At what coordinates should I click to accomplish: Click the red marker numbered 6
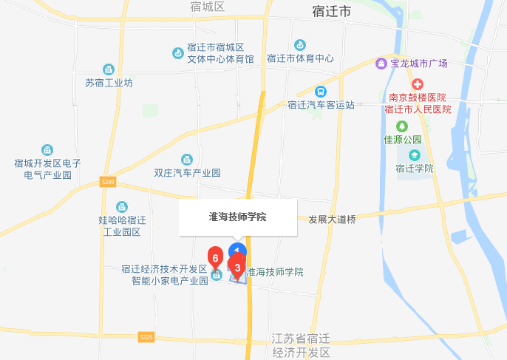pos(215,257)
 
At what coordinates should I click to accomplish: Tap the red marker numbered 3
pos(237,265)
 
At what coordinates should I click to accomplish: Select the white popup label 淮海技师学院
pos(237,217)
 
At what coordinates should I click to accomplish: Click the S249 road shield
pos(109,181)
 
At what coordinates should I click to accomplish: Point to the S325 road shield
pos(146,337)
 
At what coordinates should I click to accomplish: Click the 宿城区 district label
pos(207,7)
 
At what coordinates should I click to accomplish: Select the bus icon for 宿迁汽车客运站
pos(320,92)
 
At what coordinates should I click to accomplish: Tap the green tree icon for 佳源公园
pos(402,126)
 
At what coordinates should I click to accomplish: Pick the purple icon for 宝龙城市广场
pos(381,64)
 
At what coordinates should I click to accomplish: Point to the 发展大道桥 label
pos(332,220)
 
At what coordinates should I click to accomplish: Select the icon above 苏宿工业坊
pos(109,69)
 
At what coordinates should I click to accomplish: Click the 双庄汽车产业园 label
pos(187,173)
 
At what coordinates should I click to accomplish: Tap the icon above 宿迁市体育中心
pos(300,45)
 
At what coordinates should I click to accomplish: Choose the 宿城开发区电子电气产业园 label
pos(47,169)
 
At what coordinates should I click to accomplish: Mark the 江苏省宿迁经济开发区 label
pos(301,345)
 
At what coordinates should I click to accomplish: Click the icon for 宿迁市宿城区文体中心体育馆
pos(178,52)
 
